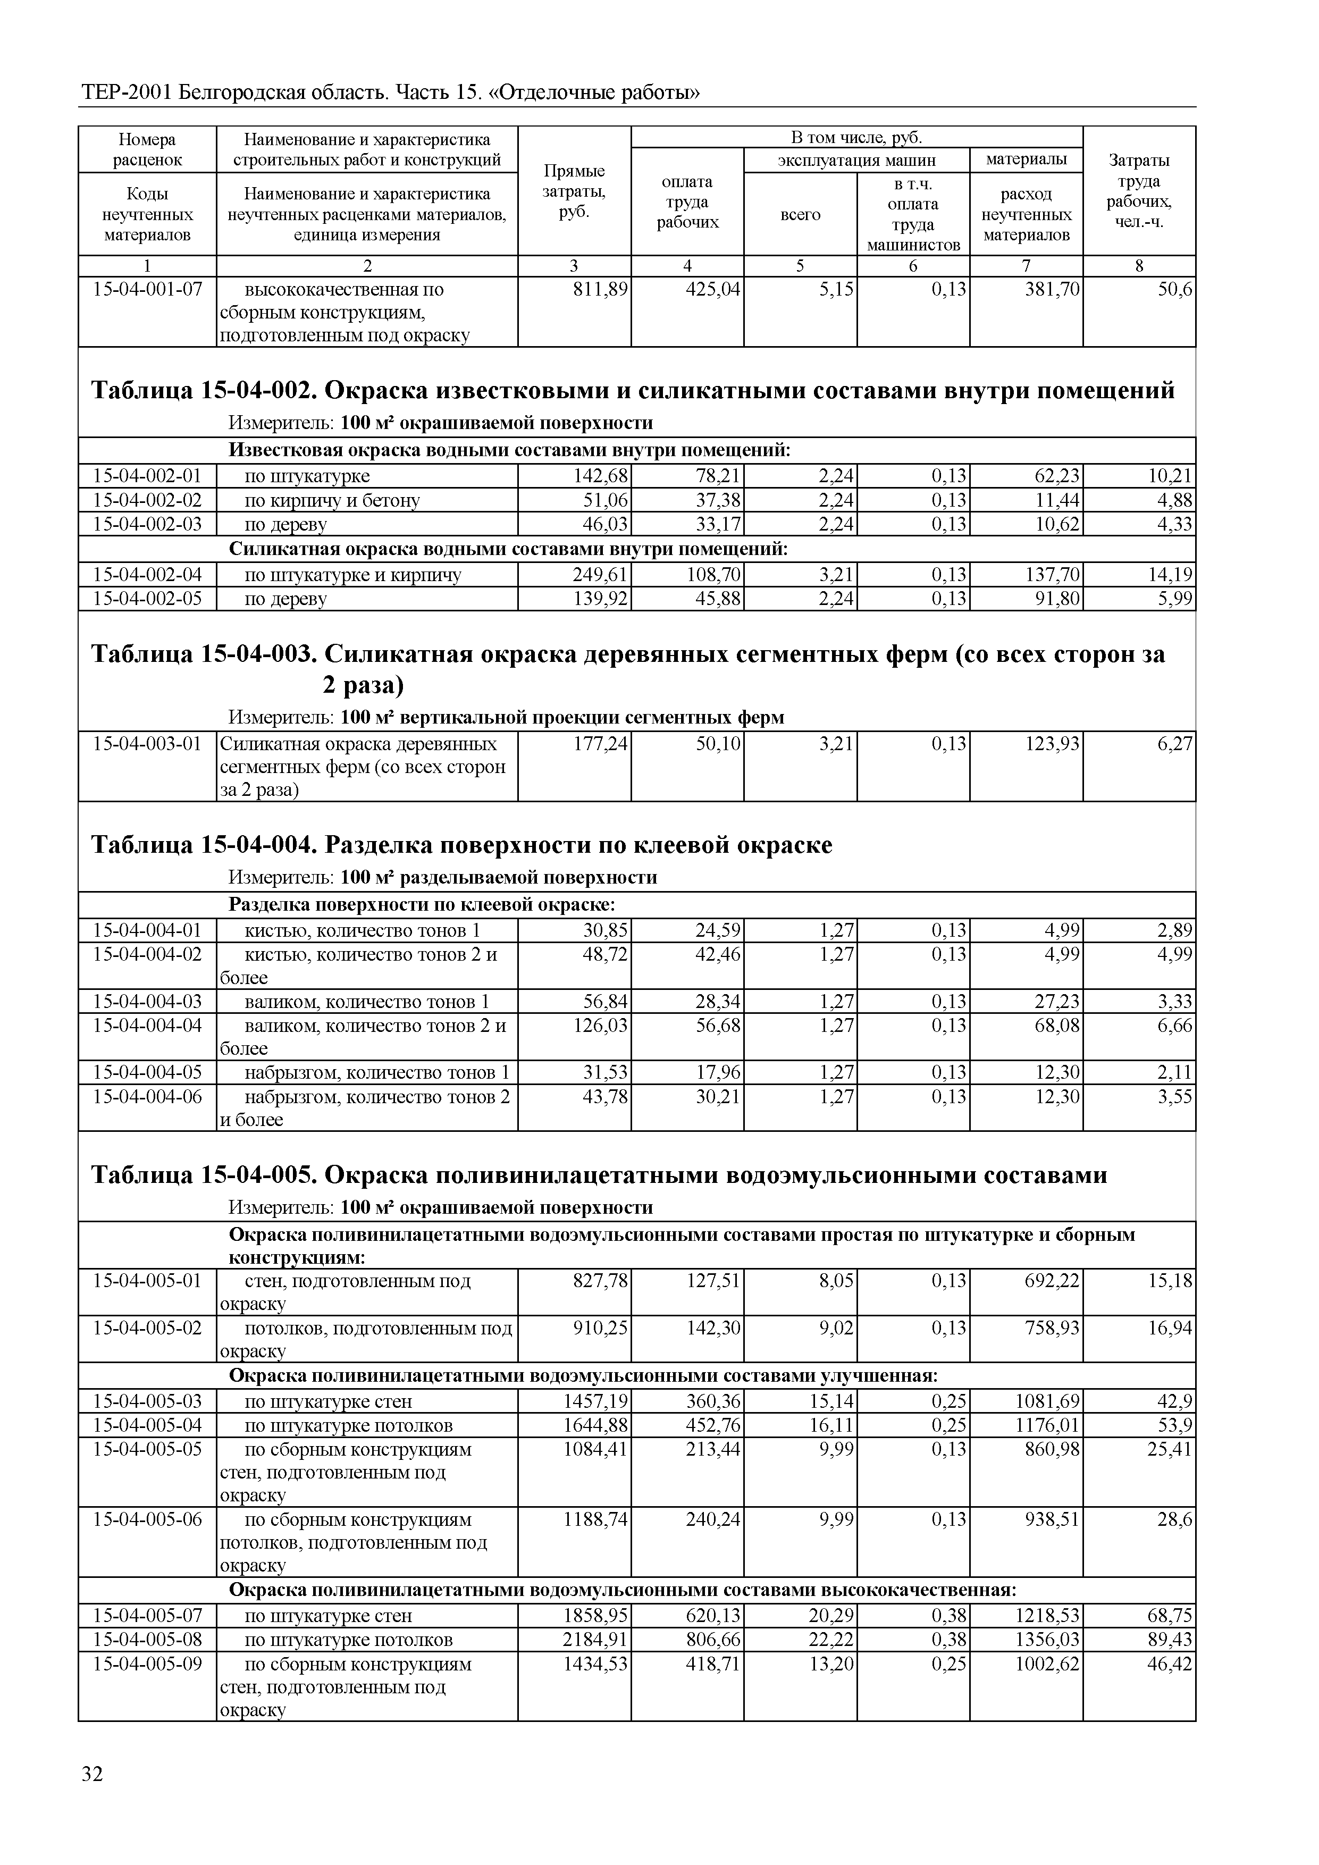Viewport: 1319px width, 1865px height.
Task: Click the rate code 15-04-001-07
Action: pos(147,289)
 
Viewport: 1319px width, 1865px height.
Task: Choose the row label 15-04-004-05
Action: pos(147,1072)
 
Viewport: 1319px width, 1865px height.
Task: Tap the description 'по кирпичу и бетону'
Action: pos(332,500)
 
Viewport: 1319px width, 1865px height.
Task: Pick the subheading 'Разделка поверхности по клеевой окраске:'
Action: pos(422,905)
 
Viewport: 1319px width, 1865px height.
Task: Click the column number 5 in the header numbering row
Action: pos(800,266)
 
